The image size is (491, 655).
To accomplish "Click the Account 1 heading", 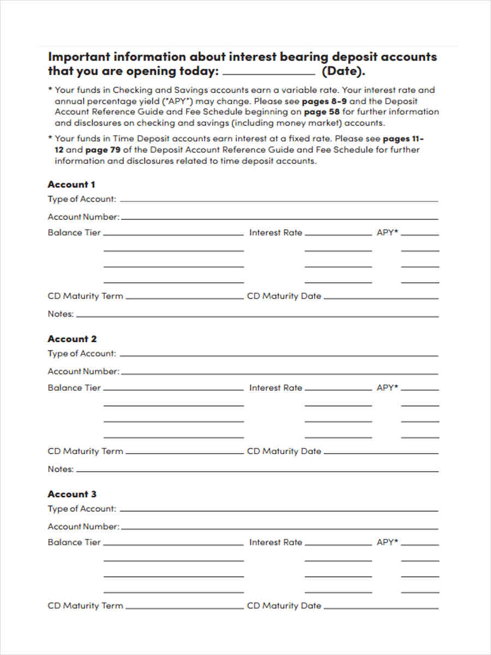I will click(x=71, y=184).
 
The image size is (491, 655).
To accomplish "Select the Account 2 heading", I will click(x=72, y=339).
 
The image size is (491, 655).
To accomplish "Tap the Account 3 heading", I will click(x=72, y=494).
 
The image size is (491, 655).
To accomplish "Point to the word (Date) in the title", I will click(x=343, y=72).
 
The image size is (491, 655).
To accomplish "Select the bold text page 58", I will click(x=321, y=112).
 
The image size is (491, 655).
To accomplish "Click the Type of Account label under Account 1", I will click(x=82, y=199).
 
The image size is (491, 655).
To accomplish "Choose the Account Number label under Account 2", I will click(x=83, y=371).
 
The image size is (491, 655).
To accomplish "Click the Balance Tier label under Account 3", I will click(x=74, y=542).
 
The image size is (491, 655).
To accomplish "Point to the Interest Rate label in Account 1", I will click(x=276, y=233).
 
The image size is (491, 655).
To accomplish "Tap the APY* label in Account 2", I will click(x=387, y=388).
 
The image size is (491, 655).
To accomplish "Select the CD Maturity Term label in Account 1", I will click(x=86, y=296).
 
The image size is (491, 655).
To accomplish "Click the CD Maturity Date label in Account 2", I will click(x=284, y=451).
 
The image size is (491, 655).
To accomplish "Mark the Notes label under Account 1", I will click(x=60, y=314).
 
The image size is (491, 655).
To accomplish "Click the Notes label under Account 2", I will click(x=60, y=469).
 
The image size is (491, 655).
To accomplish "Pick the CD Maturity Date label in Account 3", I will click(x=284, y=606).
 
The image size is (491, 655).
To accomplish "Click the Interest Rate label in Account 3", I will click(x=276, y=542).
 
